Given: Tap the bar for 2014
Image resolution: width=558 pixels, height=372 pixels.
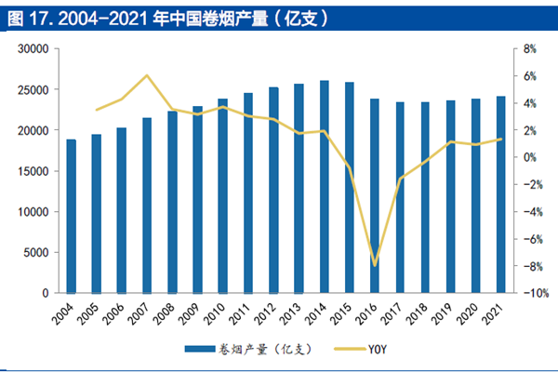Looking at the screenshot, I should tap(325, 186).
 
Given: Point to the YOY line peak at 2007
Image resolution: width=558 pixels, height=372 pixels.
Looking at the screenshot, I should tap(147, 75).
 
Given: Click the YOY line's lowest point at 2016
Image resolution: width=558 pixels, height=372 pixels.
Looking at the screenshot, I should tap(375, 265).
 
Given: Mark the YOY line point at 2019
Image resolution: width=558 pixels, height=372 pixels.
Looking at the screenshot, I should tap(451, 142).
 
